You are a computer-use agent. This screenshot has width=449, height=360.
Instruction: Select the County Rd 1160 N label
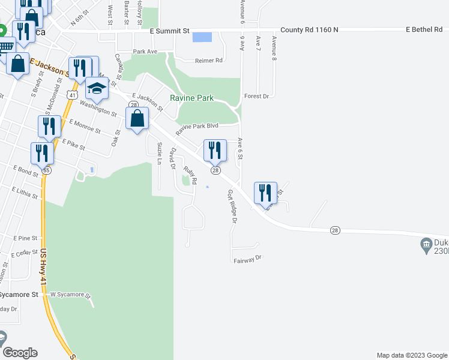[x=310, y=29]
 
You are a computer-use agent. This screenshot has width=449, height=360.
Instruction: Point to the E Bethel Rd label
[x=424, y=29]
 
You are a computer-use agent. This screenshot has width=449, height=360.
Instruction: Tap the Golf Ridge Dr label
[x=232, y=206]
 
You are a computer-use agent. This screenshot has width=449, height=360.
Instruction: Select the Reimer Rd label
[x=208, y=61]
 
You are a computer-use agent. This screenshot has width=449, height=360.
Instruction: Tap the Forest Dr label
[x=259, y=96]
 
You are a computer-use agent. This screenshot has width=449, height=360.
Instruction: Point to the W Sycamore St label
[x=70, y=295]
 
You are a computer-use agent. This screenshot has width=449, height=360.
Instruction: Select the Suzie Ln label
[x=160, y=153]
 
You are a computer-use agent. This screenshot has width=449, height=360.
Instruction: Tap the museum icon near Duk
[x=426, y=244]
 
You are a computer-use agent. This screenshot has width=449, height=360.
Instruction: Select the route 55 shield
[x=46, y=170]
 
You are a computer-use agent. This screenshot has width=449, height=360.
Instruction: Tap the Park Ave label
[x=145, y=52]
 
